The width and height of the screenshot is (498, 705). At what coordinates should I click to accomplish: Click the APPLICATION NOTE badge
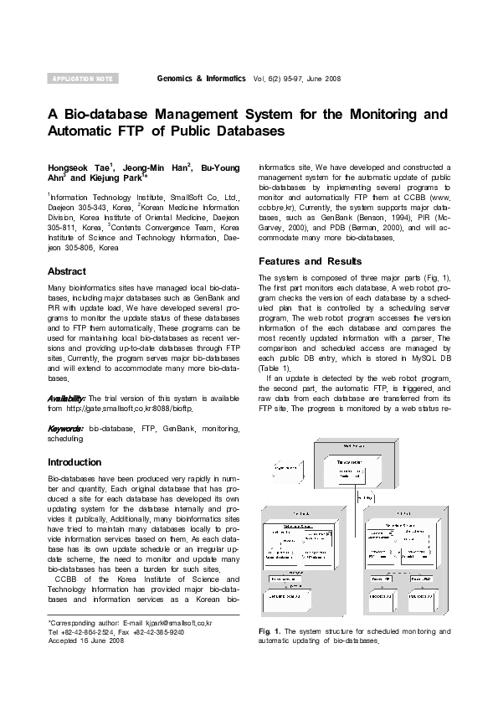click(x=82, y=79)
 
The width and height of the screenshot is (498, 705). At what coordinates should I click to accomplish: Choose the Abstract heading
click(x=67, y=271)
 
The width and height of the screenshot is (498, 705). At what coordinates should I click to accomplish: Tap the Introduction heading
click(x=74, y=462)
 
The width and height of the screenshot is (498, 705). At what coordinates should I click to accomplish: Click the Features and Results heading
click(x=310, y=260)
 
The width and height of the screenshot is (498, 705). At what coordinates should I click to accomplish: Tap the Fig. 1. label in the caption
click(x=270, y=630)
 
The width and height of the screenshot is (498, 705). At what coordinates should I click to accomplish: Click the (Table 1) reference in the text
click(x=275, y=368)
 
